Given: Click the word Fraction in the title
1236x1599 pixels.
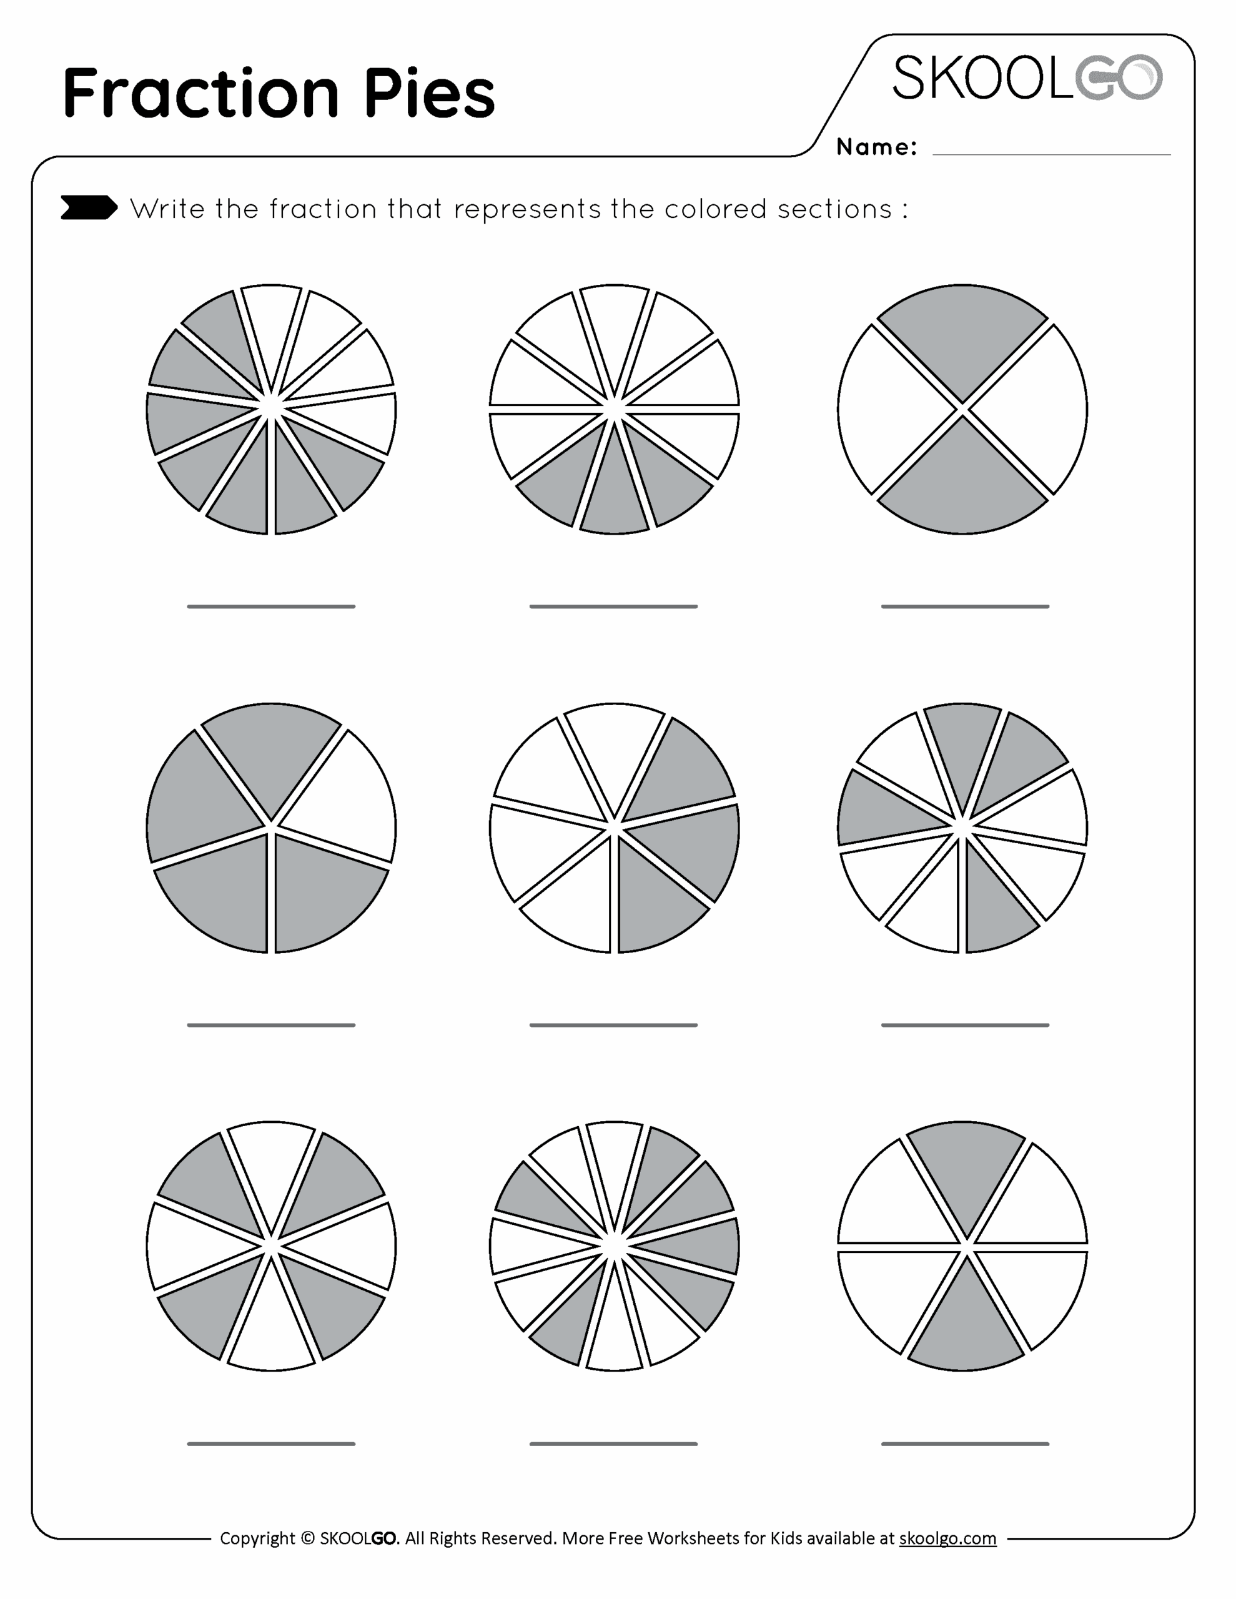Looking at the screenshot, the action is point(201,92).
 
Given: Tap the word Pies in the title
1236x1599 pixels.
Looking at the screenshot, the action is point(430,92).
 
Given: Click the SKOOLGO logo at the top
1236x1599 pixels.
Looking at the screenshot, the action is point(1027,77).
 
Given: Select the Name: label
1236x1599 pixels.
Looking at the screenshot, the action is point(876,147).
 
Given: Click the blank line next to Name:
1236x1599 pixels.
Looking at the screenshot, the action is point(1052,154).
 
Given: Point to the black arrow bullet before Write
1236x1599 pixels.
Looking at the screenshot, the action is point(89,207).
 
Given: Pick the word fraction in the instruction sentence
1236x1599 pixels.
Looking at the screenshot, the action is point(322,209).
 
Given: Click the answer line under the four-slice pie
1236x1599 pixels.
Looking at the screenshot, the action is point(965,606).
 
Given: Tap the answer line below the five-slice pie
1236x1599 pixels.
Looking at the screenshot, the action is point(271,1025).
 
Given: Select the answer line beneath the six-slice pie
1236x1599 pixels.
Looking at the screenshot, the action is point(965,1444).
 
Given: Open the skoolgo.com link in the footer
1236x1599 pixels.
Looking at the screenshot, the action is point(947,1538).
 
